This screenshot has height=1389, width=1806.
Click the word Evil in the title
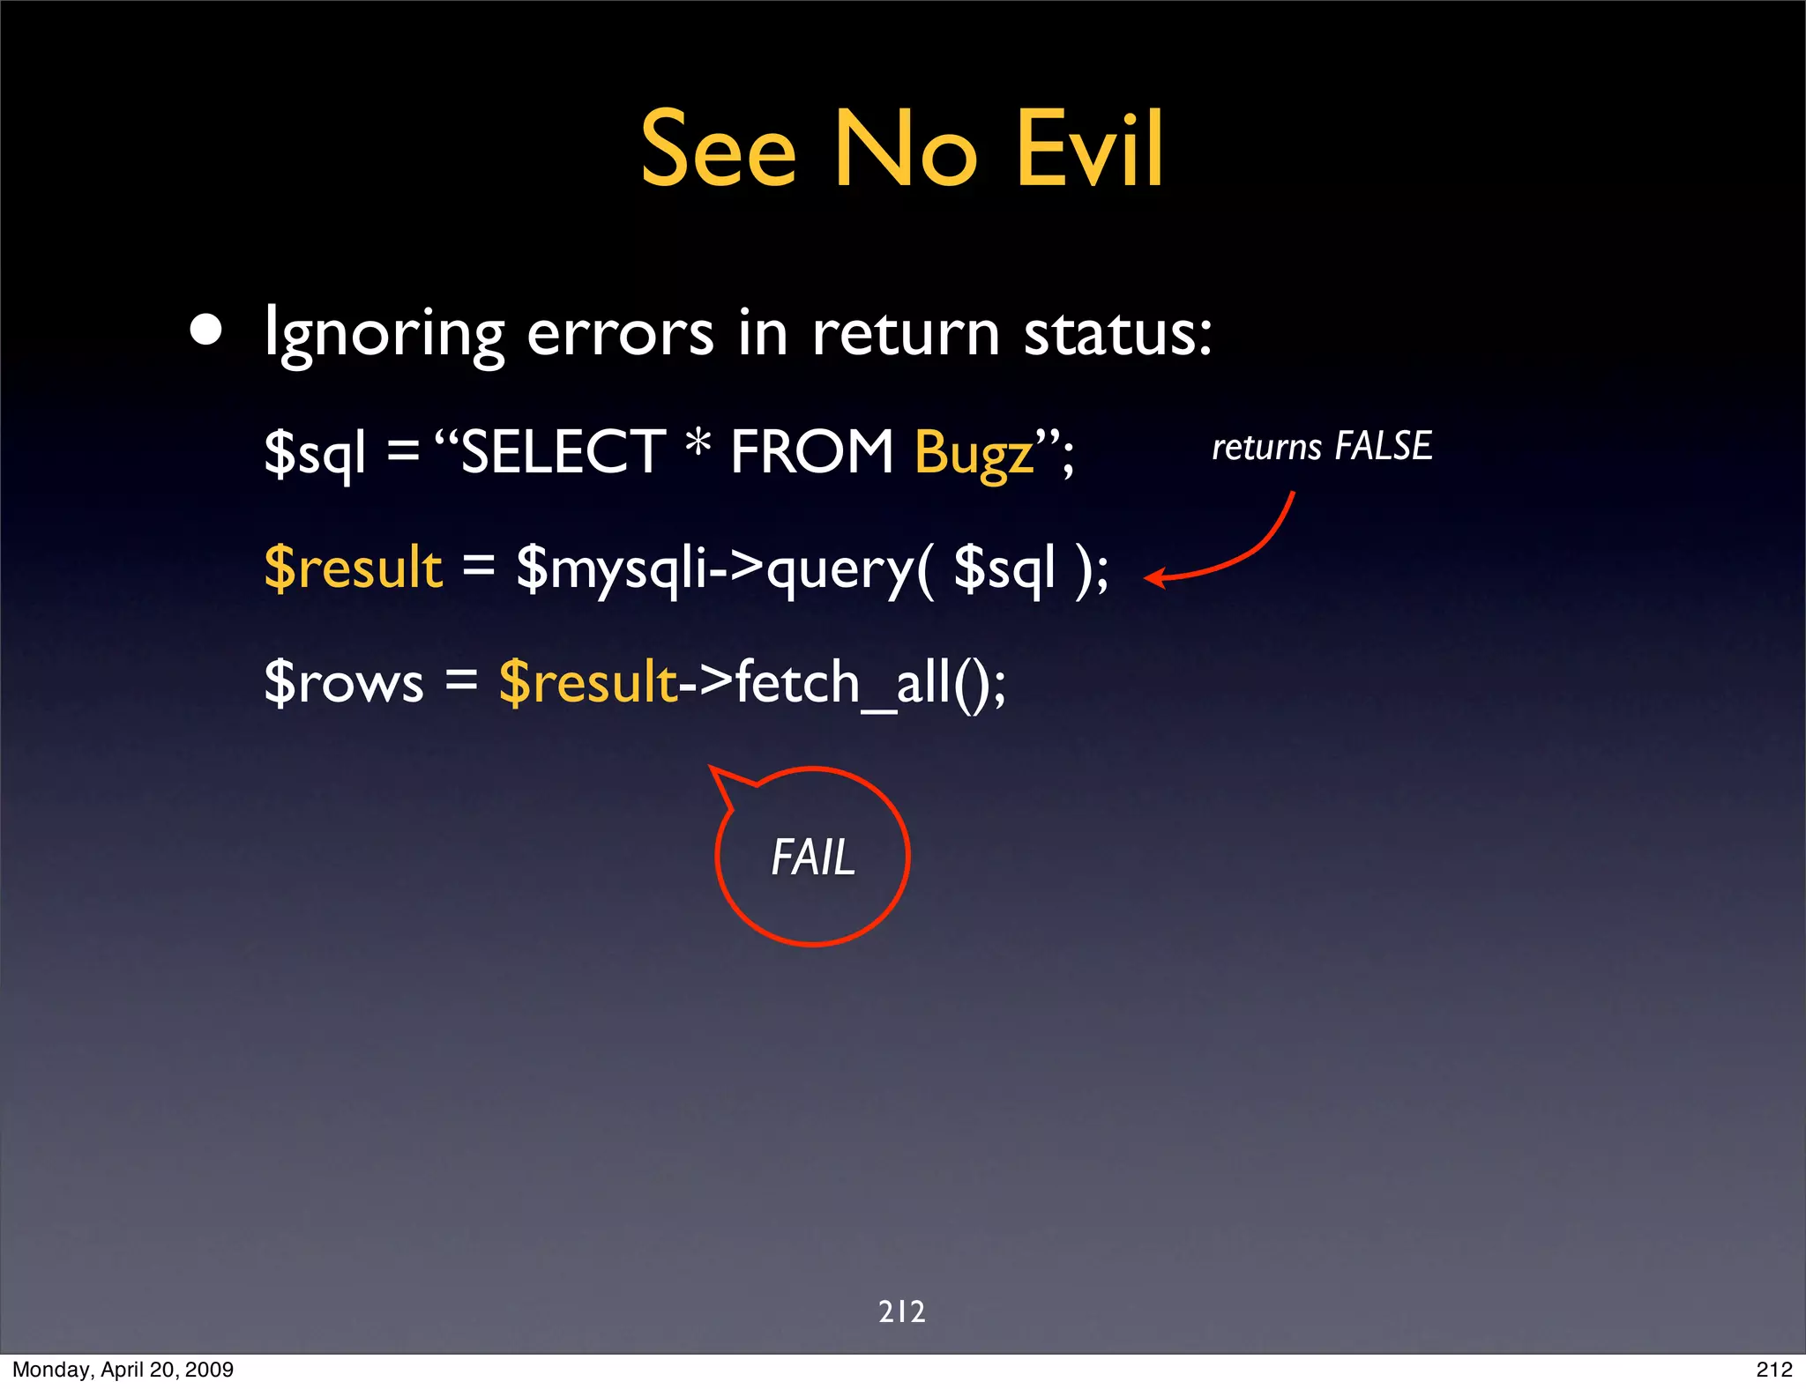click(1090, 150)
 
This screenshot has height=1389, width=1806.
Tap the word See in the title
click(718, 150)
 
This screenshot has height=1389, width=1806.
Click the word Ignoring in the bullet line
click(384, 335)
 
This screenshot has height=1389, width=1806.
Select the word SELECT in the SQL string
click(563, 451)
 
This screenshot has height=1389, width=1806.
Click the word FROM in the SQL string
click(812, 451)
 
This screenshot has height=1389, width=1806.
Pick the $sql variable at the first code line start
click(315, 453)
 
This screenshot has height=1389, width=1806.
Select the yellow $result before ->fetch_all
click(587, 682)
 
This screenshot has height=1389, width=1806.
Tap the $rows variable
click(344, 682)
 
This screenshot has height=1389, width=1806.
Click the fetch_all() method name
click(860, 682)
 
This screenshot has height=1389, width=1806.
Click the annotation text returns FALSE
click(1321, 446)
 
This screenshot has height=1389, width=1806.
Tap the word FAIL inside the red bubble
click(813, 858)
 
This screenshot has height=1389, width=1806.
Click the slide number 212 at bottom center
click(902, 1311)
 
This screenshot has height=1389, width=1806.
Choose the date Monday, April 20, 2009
click(123, 1370)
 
